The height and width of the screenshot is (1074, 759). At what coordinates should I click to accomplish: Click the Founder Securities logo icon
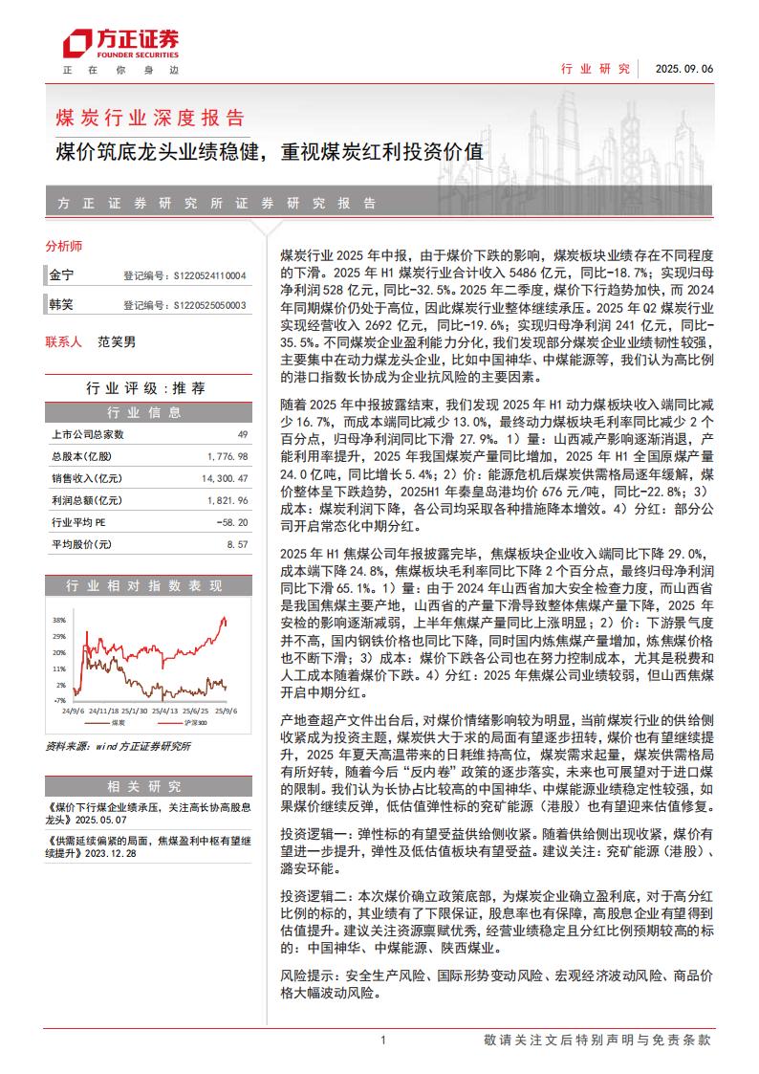point(76,44)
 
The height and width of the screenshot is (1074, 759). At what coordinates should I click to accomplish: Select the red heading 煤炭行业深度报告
point(151,119)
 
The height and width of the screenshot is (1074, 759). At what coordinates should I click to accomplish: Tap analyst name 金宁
point(61,274)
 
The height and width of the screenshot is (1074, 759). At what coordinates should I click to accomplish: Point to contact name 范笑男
point(117,341)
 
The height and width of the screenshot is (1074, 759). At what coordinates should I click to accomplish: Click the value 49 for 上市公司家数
point(242,434)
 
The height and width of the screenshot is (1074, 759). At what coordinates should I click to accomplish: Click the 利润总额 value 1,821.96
point(227,500)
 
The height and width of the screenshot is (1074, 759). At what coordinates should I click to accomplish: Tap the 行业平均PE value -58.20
point(232,522)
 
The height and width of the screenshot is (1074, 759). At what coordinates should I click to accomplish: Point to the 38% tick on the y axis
point(59,619)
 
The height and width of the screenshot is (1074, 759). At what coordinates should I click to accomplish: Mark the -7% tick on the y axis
point(60,700)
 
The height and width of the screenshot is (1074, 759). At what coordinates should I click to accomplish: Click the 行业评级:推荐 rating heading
point(145,388)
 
